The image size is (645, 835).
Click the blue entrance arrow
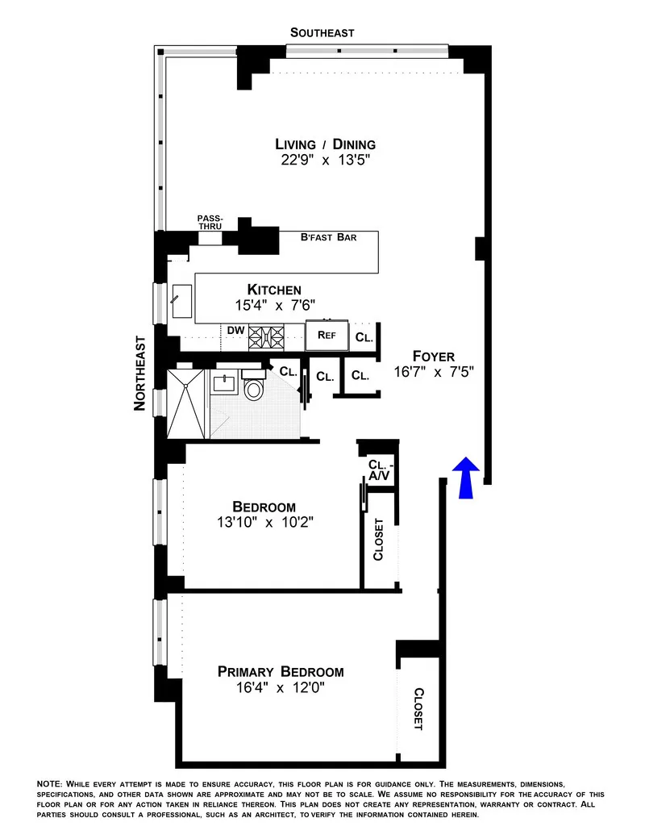point(467,477)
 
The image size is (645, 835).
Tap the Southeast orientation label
point(322,32)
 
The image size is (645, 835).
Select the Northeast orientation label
point(140,374)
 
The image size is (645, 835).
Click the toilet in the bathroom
point(254,390)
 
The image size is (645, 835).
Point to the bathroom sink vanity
point(223,382)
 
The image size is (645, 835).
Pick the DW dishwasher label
point(235,330)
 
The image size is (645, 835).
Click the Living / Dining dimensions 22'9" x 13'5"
point(326,161)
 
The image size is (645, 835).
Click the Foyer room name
point(433,356)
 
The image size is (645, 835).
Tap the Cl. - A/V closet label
point(380,470)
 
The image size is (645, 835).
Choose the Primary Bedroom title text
point(281,671)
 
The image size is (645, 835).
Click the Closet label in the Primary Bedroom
point(418,708)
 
